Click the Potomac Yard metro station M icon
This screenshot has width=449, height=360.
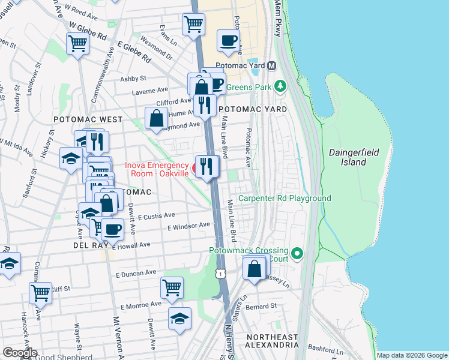point(272,65)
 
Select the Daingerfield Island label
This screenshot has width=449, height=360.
point(354,157)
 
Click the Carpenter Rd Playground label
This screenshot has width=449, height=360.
point(285,198)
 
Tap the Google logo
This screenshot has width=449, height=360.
point(20,353)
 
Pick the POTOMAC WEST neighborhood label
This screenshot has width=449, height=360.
point(88,119)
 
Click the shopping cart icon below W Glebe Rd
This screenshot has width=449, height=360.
point(78,44)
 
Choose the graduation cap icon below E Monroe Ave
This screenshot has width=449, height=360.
point(179,319)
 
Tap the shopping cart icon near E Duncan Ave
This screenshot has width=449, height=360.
point(172,288)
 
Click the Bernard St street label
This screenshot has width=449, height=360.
point(264,306)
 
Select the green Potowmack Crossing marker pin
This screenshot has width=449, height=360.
point(295,253)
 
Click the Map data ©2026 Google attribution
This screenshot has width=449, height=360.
point(412,355)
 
